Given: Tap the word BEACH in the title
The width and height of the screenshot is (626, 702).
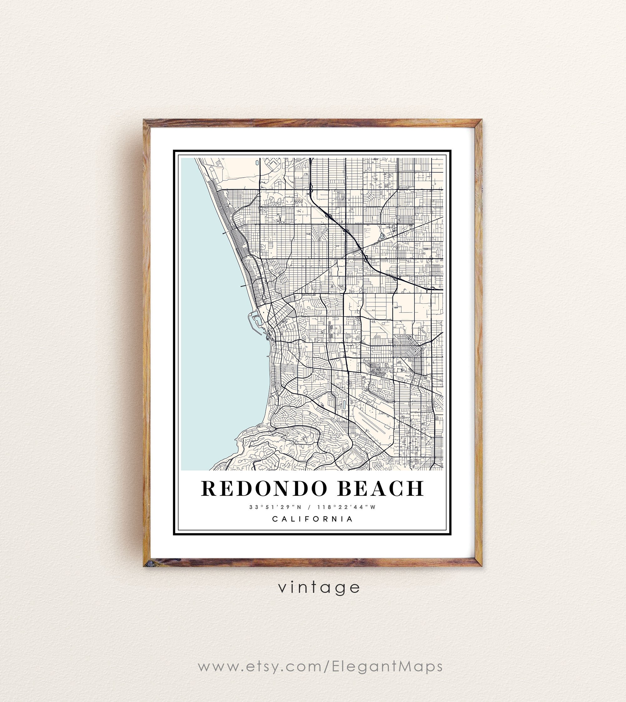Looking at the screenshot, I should coord(380,489).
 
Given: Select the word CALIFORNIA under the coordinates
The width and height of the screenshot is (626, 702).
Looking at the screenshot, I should coord(313,519).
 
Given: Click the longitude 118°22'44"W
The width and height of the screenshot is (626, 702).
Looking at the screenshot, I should coord(346,507).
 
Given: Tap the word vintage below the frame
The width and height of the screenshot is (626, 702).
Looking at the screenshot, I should coord(319,587).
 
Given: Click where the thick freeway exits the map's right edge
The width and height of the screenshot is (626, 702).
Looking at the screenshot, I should coord(442,289).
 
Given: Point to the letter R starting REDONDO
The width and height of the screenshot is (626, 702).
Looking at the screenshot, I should coord(208,489).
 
